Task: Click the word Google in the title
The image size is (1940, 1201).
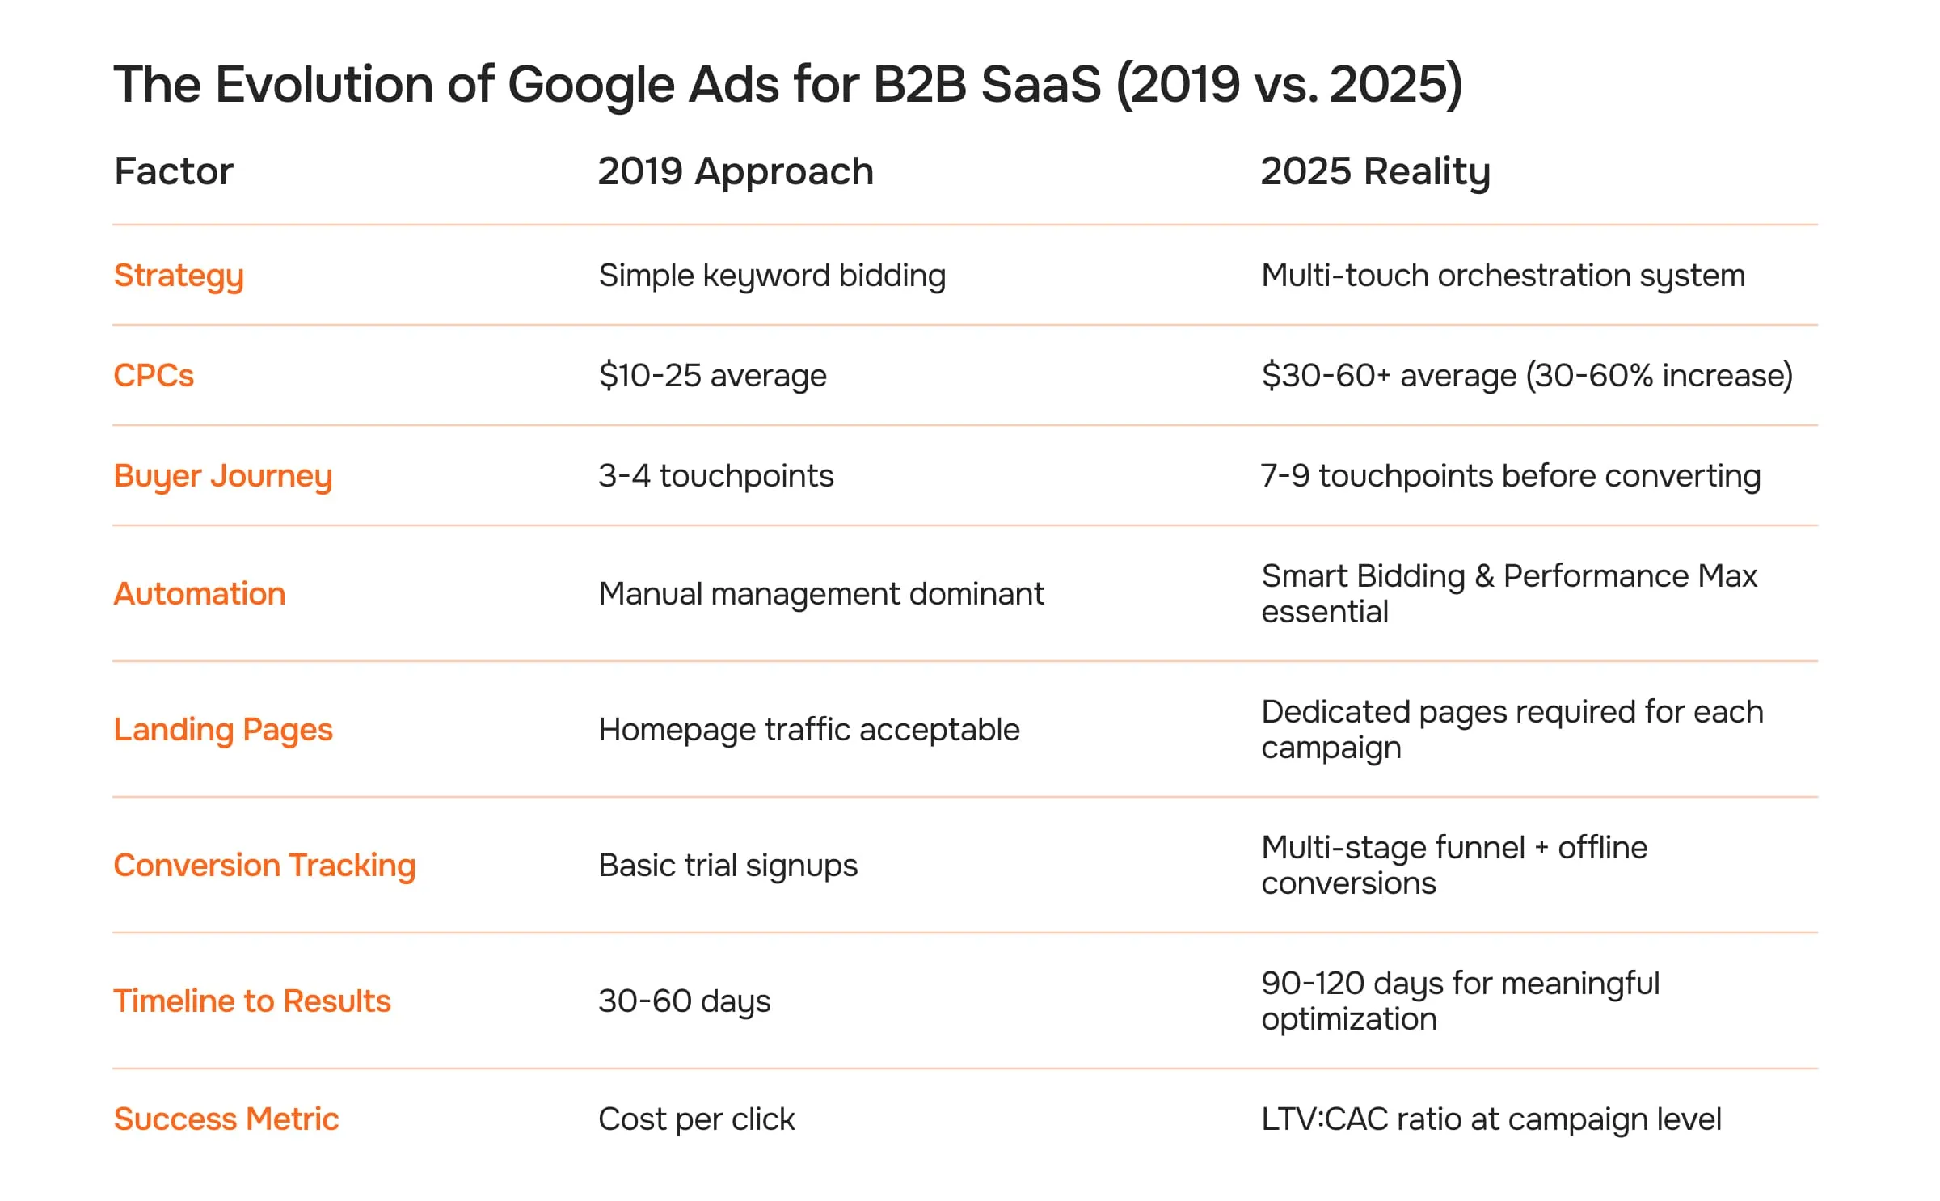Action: [590, 86]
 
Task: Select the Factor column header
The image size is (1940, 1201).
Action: [173, 171]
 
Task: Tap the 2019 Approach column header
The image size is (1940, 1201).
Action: [736, 171]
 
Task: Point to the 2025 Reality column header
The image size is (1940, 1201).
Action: [1375, 171]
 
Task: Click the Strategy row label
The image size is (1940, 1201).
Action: [179, 276]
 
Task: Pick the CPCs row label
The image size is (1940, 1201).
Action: [154, 376]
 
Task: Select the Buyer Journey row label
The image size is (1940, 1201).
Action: [223, 476]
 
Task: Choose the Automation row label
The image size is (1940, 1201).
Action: [200, 594]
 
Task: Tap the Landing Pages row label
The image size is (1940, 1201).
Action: [223, 730]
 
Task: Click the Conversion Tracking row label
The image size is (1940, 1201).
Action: [264, 866]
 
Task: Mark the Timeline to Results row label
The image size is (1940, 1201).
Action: [252, 1001]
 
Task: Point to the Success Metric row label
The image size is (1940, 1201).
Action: [226, 1119]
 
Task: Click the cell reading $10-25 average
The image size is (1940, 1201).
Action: [712, 376]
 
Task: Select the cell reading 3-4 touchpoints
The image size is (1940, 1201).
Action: [715, 476]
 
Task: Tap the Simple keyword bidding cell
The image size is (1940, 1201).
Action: [772, 276]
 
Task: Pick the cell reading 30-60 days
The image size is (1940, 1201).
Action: [684, 1001]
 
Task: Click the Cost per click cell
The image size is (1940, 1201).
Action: [696, 1119]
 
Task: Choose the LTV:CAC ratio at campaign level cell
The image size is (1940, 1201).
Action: [1491, 1119]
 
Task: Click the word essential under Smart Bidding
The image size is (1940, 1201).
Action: [1324, 612]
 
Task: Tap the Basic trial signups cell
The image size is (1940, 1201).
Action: [727, 866]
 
